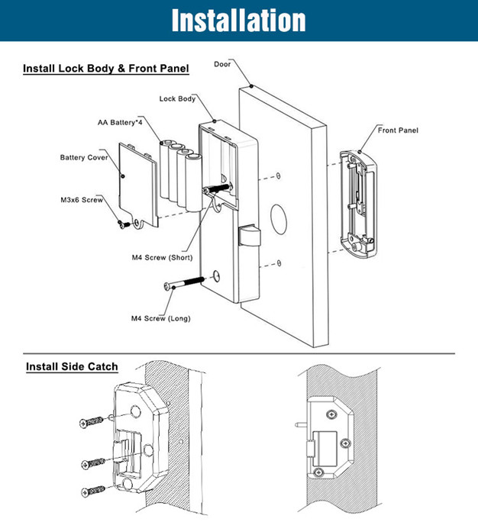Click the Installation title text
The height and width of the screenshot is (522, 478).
[238, 20]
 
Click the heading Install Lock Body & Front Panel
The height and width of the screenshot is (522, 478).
[106, 69]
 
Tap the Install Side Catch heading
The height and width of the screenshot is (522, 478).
[72, 366]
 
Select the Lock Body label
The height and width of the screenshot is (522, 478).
[177, 98]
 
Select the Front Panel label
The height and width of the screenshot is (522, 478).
[398, 130]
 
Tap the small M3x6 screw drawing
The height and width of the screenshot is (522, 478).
[122, 224]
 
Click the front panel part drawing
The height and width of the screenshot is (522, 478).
[357, 202]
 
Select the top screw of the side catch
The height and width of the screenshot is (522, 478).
[92, 420]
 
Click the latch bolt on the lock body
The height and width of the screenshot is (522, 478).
[247, 236]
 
